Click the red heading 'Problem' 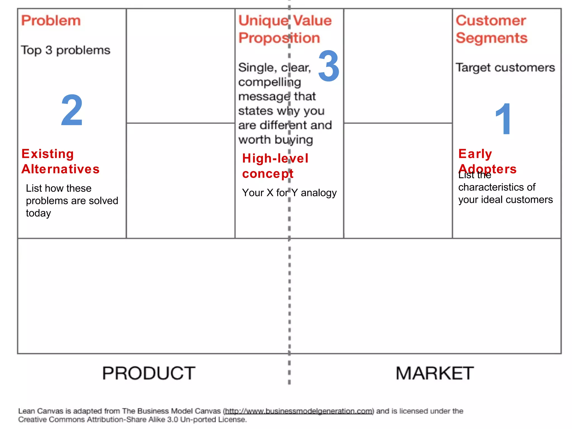coord(51,21)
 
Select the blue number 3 coord(329,66)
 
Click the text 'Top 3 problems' coord(66,50)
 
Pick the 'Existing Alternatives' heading coord(60,161)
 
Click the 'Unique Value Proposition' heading coord(285,29)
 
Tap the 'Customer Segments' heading coord(492,29)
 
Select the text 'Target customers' coord(505,68)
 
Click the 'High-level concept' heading coord(275,166)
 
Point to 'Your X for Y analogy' coord(289,193)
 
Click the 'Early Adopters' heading coord(487,161)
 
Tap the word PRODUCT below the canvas coord(149,373)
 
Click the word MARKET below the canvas coord(435,373)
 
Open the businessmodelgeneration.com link coord(299,411)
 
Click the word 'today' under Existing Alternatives coord(39,213)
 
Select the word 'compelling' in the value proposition coord(270,82)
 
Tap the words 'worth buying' coord(275,140)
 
